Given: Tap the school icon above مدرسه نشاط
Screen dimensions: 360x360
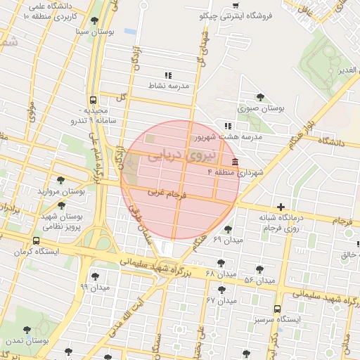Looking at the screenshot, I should tap(167, 75).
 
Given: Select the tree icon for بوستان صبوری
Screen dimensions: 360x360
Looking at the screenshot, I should tap(260, 98).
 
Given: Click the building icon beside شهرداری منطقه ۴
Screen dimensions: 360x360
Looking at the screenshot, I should tap(234, 162).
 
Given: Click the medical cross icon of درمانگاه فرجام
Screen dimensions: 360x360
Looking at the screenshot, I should tap(281, 207).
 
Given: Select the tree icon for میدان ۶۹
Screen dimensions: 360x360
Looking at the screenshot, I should tap(227, 229).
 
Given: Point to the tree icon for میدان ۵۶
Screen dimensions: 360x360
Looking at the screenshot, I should tap(259, 269).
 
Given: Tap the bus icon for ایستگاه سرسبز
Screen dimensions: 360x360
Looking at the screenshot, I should tap(277, 309).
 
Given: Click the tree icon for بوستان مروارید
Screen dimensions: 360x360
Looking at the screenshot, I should tap(60, 180).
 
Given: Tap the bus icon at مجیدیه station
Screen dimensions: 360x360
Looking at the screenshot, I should tap(94, 100).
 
